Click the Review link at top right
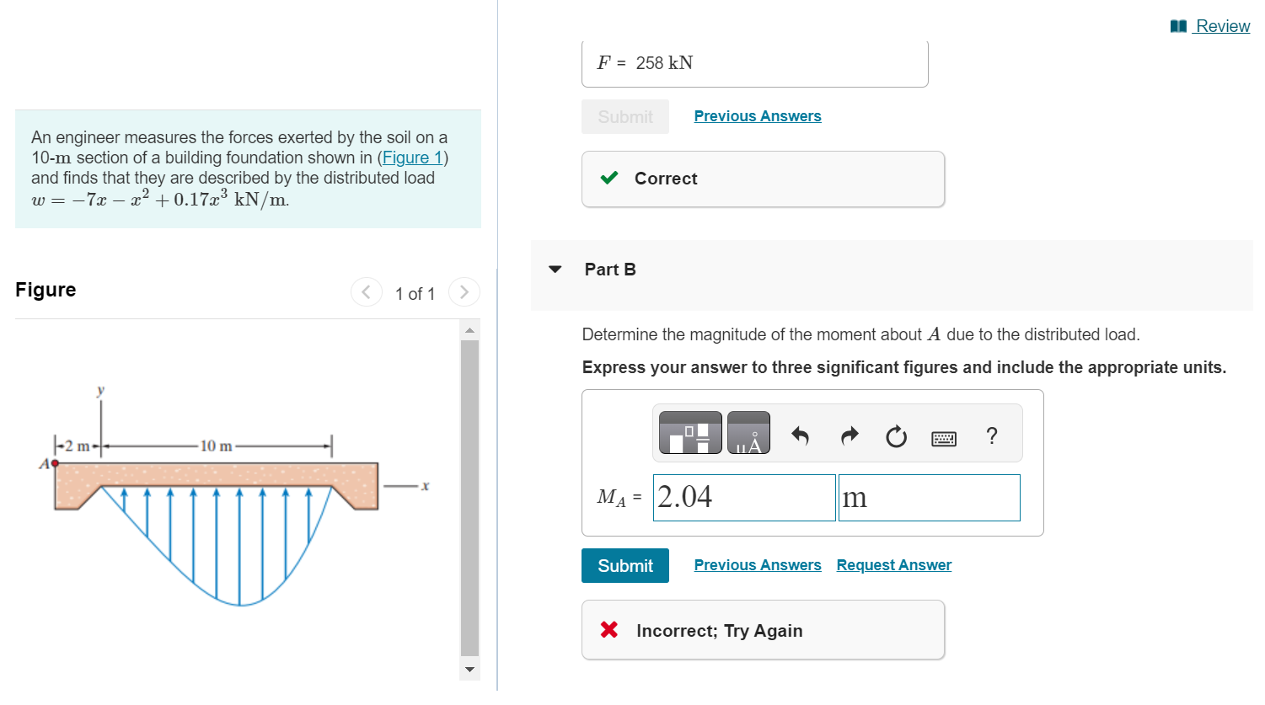(1221, 26)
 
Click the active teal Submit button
(624, 566)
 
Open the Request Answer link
(893, 565)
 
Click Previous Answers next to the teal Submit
(757, 565)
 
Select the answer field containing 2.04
(743, 498)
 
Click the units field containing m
(928, 498)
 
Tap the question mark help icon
(991, 435)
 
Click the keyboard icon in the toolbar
(943, 438)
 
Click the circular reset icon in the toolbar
(896, 436)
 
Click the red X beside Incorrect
(609, 629)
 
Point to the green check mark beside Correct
(609, 178)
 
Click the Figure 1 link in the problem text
(411, 158)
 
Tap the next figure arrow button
(464, 292)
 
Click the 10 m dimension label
(216, 446)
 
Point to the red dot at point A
(55, 463)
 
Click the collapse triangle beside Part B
(555, 270)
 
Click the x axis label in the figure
(425, 486)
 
